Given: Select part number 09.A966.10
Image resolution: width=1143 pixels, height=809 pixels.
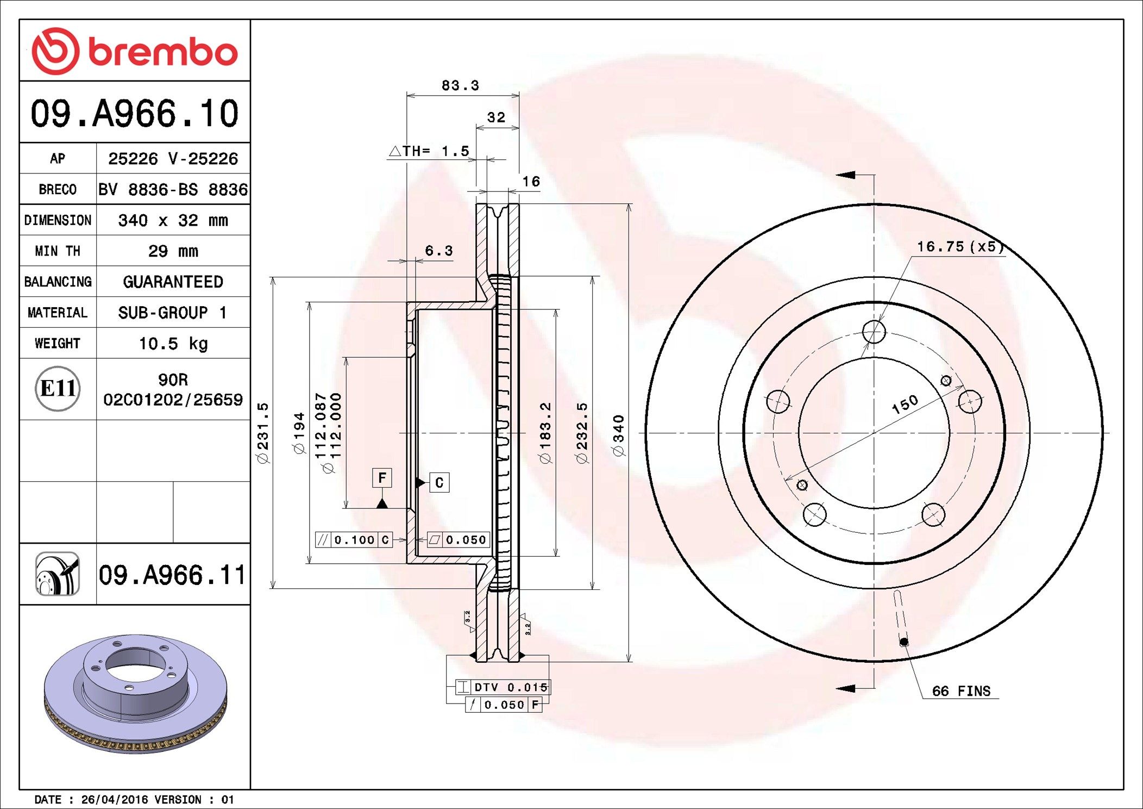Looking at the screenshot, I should pos(134,113).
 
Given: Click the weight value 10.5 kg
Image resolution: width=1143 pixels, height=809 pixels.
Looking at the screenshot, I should pos(173,344).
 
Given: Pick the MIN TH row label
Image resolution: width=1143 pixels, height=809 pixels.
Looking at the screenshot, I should pos(58,251).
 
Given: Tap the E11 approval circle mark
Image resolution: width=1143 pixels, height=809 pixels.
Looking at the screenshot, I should pos(58,388).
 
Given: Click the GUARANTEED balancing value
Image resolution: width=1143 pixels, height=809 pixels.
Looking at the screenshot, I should pos(173,282).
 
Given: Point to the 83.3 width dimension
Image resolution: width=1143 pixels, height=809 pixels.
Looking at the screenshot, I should pos(460,85).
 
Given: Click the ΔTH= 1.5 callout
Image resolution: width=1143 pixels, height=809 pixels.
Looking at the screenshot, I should pos(429,151).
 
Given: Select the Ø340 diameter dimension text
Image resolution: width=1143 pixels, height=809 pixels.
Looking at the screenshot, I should pos(618,435).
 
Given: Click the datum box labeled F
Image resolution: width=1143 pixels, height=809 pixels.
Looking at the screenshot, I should pos(382,478).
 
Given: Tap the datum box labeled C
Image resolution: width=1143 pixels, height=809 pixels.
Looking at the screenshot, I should pos(439,482).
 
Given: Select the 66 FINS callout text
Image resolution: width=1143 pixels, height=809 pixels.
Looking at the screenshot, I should pos(960,691).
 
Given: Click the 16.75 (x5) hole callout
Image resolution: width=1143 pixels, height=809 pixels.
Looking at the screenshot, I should pos(960,247).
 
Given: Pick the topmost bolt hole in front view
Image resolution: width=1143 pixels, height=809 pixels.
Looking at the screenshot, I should pos(874,332).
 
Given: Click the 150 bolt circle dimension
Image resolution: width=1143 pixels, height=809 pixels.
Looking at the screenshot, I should pos(905,404).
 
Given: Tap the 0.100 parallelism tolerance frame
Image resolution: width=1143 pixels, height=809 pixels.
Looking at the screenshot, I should pos(354,540).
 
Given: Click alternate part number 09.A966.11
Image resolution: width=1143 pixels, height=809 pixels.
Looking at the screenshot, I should pos(172,575).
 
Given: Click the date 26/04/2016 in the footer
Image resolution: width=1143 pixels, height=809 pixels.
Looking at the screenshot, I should pos(114,799).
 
